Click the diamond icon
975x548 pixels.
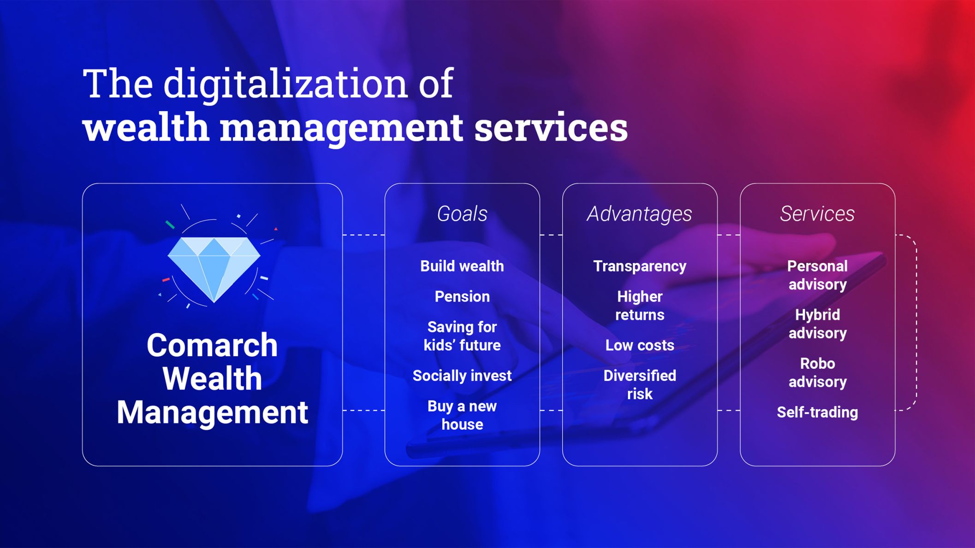coord(214,269)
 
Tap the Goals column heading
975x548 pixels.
coord(462,214)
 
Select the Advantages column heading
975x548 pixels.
coord(640,214)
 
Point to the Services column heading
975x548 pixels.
coord(817,214)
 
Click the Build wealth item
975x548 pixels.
coord(462,266)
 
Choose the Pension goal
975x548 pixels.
coord(462,296)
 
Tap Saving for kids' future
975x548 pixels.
coord(462,336)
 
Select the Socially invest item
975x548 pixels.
coord(462,376)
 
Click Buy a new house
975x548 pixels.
coord(462,415)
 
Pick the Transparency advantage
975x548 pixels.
coord(640,266)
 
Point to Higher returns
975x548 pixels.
coord(640,306)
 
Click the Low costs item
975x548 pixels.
coord(640,345)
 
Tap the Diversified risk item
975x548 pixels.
coord(640,385)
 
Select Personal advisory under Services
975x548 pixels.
coord(817,275)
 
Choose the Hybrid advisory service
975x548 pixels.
coord(817,324)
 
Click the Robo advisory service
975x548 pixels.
coord(817,373)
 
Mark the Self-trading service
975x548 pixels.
coord(817,412)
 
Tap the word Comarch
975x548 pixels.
coord(212,345)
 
